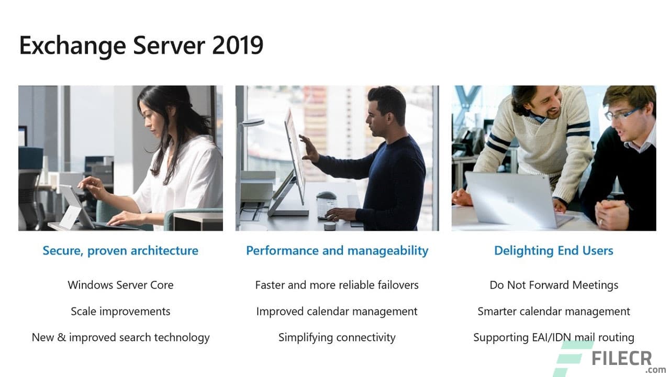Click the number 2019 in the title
(237, 45)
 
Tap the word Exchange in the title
(72, 46)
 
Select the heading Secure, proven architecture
(120, 251)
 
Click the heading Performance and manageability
(337, 251)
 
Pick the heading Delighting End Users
(554, 251)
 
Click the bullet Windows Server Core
(120, 285)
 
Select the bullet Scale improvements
(120, 312)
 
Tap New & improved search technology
(120, 338)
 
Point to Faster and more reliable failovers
(337, 285)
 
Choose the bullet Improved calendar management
(337, 312)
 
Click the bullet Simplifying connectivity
(337, 338)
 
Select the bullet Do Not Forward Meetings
(554, 285)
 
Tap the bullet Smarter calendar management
(554, 312)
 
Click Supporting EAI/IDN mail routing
(554, 338)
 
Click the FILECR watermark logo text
(622, 359)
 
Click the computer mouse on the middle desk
(326, 196)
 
